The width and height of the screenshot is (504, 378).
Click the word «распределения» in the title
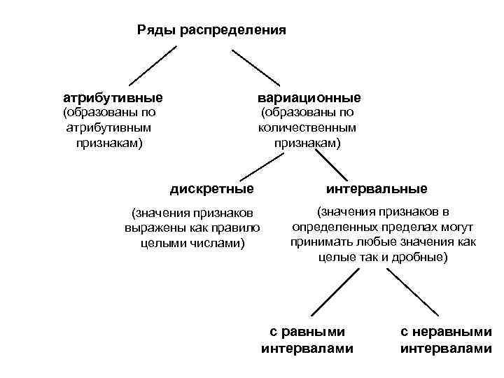[233, 30]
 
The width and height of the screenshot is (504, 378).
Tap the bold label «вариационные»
[309, 97]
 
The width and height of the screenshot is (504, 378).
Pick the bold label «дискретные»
[212, 189]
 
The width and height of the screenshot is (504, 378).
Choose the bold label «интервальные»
[377, 189]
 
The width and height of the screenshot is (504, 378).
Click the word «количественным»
[307, 127]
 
